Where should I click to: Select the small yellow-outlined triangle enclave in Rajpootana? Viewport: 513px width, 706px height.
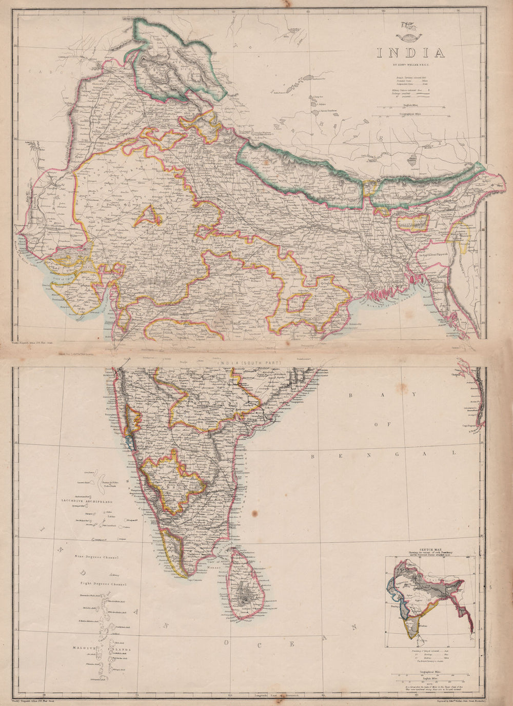tap(148, 217)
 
